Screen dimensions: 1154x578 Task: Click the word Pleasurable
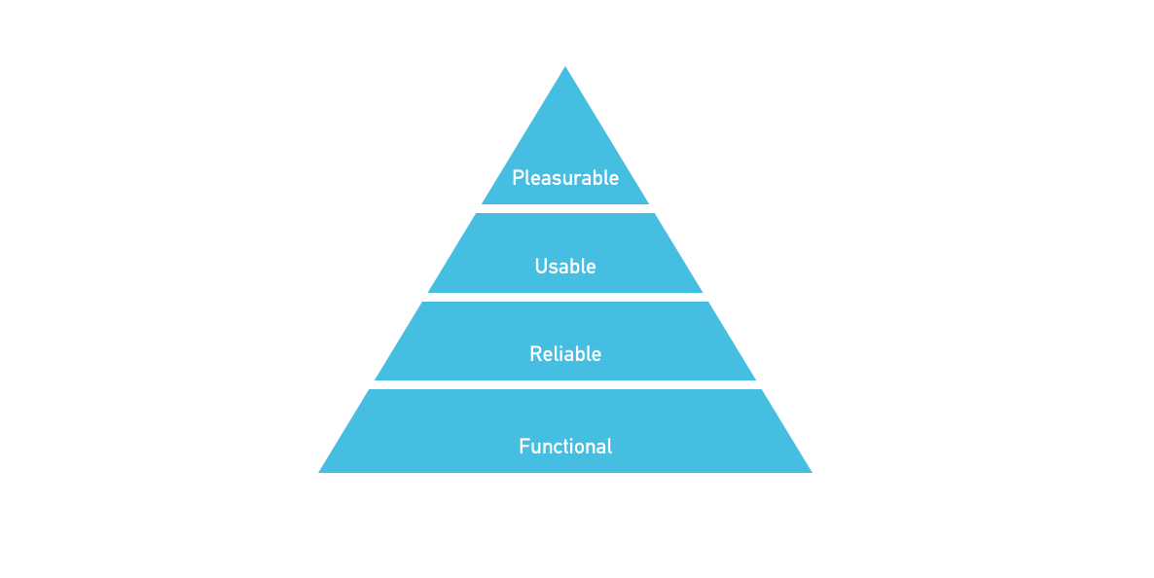(565, 178)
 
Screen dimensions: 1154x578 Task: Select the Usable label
(565, 266)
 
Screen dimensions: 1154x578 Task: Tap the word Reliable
(565, 354)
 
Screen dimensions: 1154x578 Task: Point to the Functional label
(565, 447)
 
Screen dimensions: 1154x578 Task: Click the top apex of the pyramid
(565, 67)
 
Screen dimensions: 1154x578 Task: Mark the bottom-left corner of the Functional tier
(319, 473)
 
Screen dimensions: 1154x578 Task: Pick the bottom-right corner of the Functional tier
(811, 473)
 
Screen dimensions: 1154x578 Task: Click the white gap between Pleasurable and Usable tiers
(565, 209)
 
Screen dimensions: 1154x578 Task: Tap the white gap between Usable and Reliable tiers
(565, 298)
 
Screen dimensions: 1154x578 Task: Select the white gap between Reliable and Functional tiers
(565, 385)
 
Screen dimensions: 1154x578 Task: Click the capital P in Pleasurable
(518, 178)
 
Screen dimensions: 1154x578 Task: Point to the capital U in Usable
(541, 266)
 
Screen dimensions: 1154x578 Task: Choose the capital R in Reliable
(536, 354)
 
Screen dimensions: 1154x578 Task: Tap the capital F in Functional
(524, 447)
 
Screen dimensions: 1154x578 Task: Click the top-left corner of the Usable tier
(477, 213)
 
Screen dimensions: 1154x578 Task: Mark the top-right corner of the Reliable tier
(708, 302)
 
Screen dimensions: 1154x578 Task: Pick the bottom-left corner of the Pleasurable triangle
(482, 204)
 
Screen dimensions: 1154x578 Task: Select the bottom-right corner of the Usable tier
(703, 292)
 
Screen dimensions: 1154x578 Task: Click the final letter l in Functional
(609, 447)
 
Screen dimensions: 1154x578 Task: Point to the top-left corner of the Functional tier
(370, 389)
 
